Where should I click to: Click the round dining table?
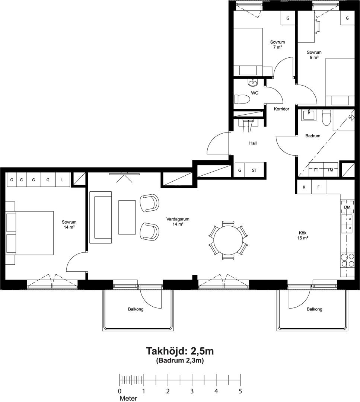coord(228,241)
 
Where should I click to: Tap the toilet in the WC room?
coord(242,99)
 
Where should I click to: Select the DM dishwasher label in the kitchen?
coord(347,207)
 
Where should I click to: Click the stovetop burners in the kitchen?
coord(347,260)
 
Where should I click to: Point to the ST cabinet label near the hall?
coord(254,170)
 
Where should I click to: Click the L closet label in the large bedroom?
coord(62,180)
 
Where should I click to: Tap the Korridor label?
coord(281,109)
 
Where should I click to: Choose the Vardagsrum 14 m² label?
coord(178,221)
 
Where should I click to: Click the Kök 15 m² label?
coord(303,235)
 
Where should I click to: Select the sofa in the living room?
coord(101,217)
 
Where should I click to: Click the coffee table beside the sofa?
coord(127,217)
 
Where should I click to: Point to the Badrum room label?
coord(313,136)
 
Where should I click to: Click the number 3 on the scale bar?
coord(192,391)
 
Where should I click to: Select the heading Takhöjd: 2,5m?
coord(180,351)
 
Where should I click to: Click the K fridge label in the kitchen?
coord(304,187)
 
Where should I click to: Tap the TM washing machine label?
coord(330,170)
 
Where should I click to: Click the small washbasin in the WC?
coord(252,83)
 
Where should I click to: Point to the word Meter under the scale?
coord(128,398)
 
